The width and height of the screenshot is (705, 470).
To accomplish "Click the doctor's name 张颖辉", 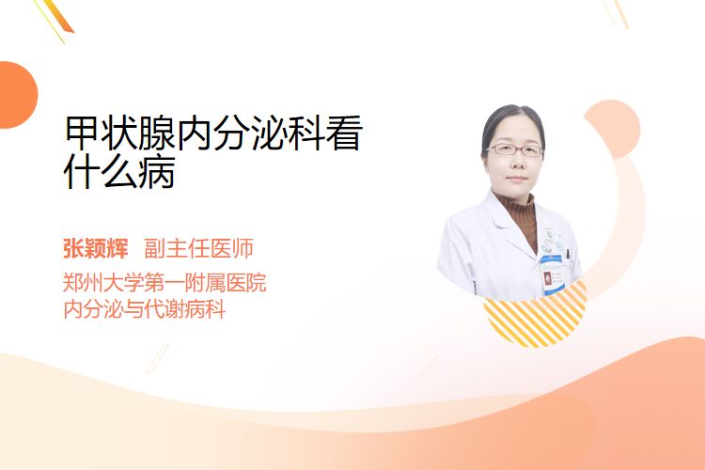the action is click(x=95, y=248).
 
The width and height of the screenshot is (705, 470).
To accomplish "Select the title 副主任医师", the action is click(x=198, y=248).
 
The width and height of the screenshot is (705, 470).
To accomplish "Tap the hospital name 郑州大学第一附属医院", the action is click(x=164, y=283).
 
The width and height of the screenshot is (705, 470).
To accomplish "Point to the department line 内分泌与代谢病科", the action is click(x=145, y=309).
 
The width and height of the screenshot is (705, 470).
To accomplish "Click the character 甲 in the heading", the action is click(x=83, y=133).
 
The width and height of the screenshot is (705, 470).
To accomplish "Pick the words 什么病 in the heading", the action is click(x=119, y=171).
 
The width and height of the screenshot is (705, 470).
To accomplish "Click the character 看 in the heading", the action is click(x=343, y=133).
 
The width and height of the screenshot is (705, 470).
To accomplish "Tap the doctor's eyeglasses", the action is click(x=514, y=149).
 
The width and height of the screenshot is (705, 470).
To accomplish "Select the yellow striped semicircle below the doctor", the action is click(x=536, y=314).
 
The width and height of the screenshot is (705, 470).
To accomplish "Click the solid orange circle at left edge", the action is click(x=17, y=95).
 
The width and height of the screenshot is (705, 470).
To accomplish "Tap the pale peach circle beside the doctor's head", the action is click(x=614, y=128).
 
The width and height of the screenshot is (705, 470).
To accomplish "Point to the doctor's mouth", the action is click(x=516, y=179).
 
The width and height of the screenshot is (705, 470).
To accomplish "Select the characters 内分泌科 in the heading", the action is click(x=250, y=133).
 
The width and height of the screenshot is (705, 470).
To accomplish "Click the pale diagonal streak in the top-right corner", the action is click(x=619, y=12).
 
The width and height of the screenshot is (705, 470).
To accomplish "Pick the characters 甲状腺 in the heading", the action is click(x=120, y=133).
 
